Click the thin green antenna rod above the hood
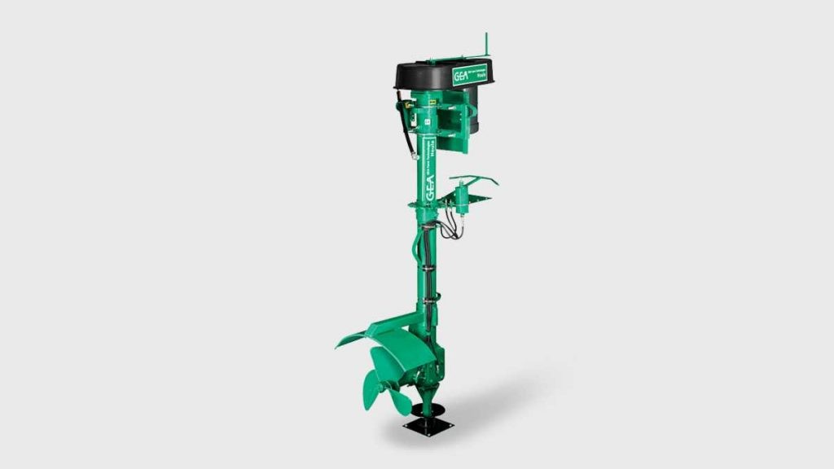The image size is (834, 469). pyautogui.click(x=486, y=45)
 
